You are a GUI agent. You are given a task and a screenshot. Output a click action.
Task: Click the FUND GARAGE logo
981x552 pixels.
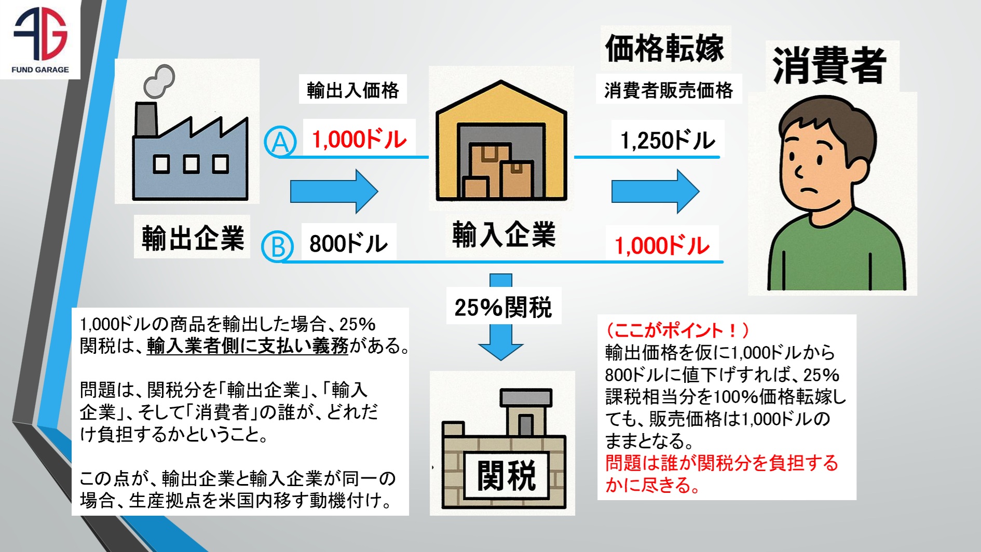[40, 39]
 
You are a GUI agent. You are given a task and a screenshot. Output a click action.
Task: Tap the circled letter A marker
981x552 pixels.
[280, 142]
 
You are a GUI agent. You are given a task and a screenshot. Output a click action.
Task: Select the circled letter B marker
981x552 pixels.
[278, 246]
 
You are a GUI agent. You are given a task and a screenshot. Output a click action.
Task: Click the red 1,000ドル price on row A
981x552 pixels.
[359, 139]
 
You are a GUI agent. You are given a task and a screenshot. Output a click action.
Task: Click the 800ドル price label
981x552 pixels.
[348, 243]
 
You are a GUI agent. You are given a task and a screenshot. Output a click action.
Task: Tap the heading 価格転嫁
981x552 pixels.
[665, 48]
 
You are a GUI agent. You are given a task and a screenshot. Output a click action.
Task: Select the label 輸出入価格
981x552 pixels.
[352, 90]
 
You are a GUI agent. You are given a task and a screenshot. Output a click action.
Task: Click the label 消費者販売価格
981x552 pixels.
[669, 90]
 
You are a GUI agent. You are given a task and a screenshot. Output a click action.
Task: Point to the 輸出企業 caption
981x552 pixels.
[193, 238]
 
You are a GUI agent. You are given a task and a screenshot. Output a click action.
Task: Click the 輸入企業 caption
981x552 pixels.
[503, 234]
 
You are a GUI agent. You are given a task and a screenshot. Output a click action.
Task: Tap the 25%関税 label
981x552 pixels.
[503, 307]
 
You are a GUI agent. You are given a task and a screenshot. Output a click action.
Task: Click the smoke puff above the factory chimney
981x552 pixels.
[159, 81]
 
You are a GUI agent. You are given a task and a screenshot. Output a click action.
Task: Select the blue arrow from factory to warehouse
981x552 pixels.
[334, 191]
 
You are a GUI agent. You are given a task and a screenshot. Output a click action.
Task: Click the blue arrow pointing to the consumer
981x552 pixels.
[655, 191]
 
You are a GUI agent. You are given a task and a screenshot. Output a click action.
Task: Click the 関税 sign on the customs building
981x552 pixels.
[506, 475]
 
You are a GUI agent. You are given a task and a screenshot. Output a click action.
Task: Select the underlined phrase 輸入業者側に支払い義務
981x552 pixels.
[248, 346]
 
